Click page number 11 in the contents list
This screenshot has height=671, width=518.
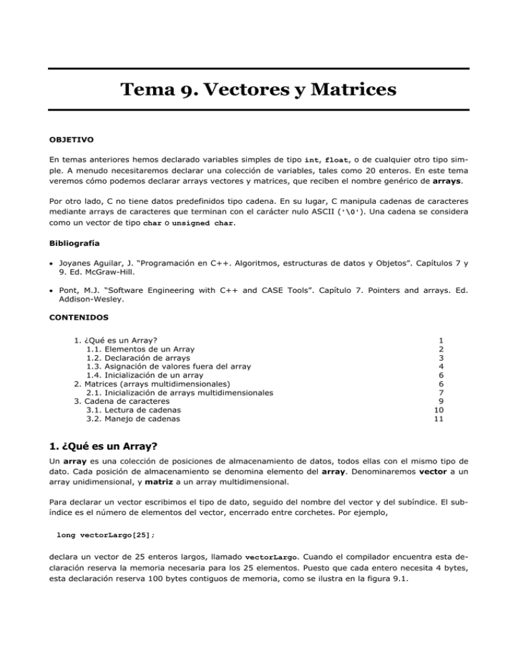[439, 419]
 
